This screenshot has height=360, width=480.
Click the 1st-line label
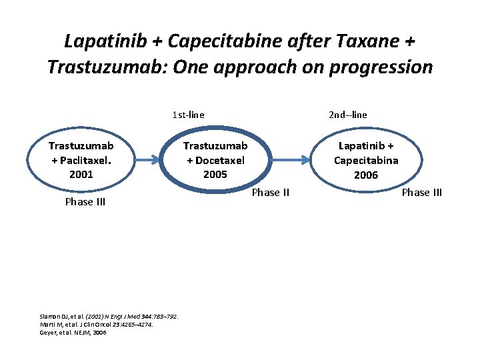[188, 115]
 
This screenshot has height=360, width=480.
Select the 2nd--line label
[347, 115]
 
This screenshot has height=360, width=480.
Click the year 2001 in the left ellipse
[81, 174]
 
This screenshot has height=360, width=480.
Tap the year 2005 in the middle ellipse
[215, 174]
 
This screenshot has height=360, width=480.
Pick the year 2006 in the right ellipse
[366, 175]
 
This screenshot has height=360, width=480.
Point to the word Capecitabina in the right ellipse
[366, 160]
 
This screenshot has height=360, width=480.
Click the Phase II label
[270, 193]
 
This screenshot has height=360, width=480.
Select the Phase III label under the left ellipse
[85, 202]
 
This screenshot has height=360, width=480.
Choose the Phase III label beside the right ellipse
[421, 193]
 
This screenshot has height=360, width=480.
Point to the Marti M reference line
[97, 324]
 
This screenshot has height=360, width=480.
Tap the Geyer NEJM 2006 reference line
[73, 332]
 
